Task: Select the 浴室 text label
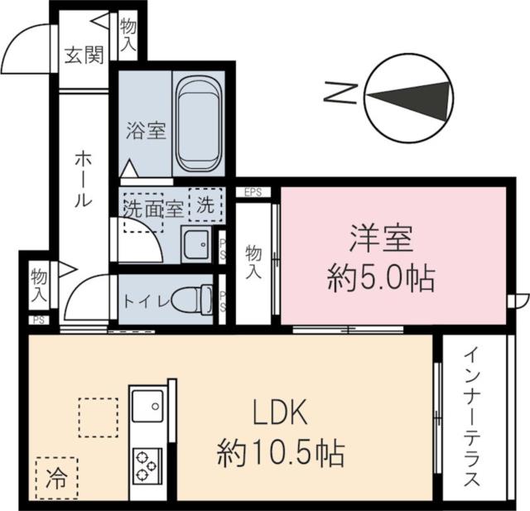(147, 131)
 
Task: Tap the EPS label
(253, 192)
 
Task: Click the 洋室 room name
(381, 241)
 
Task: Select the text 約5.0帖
(381, 279)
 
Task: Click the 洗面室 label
(152, 208)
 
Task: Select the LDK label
(280, 412)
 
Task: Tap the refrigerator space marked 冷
(56, 476)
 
